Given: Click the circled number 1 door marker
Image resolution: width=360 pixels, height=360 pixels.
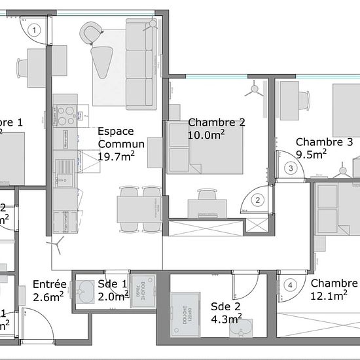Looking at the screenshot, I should tap(35, 29).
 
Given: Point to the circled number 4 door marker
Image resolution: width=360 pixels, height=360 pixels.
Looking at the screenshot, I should tap(291, 285).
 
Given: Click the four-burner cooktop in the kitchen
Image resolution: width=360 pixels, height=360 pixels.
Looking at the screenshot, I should tap(65, 115).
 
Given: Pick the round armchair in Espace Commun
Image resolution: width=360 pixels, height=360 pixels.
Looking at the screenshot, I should tap(92, 31).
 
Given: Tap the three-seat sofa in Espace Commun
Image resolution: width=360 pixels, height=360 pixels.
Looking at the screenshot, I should tap(139, 65).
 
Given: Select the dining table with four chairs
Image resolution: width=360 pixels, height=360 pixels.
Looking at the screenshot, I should tap(139, 209).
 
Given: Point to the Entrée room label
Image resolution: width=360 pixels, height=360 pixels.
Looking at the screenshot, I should tap(49, 284).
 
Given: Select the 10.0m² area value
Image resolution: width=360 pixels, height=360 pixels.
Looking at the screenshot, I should tap(206, 135).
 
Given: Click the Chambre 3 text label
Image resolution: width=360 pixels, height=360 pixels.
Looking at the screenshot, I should tap(324, 141).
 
